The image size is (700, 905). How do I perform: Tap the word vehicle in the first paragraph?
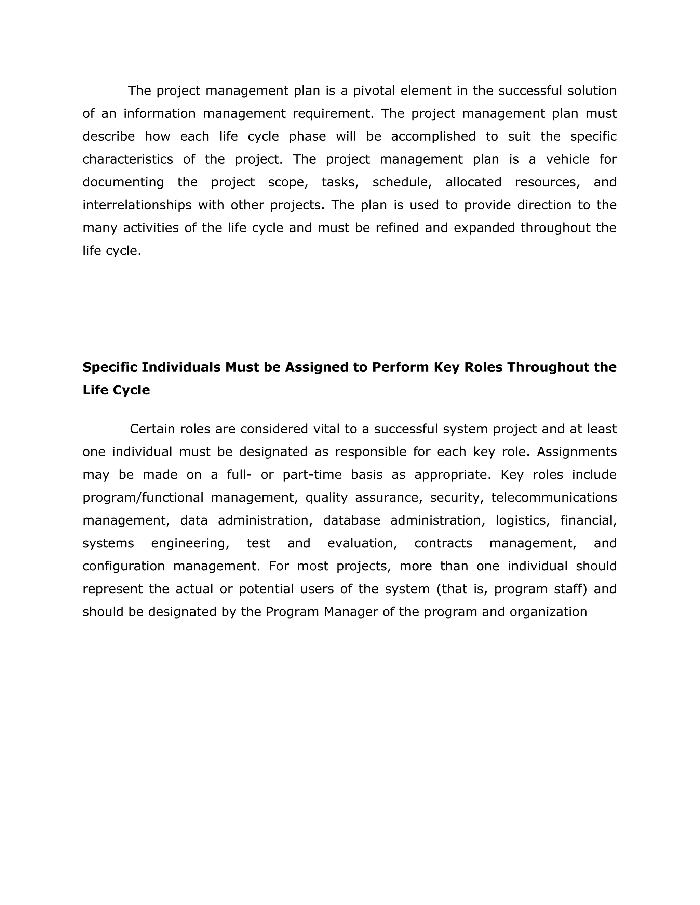pos(567,159)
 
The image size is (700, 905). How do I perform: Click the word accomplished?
pos(433,136)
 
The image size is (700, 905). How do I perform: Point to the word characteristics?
pos(127,159)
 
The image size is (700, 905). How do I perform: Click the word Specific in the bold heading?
pos(109,367)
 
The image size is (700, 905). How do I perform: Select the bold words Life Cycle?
pos(116,390)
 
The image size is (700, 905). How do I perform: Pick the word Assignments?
pos(576,452)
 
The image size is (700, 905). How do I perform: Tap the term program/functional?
pos(143,497)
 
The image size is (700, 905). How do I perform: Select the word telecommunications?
pos(554,497)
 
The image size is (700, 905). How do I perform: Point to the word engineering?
pos(190,543)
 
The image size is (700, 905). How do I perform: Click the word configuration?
pos(124,566)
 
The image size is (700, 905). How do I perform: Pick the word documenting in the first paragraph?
pos(123,182)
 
